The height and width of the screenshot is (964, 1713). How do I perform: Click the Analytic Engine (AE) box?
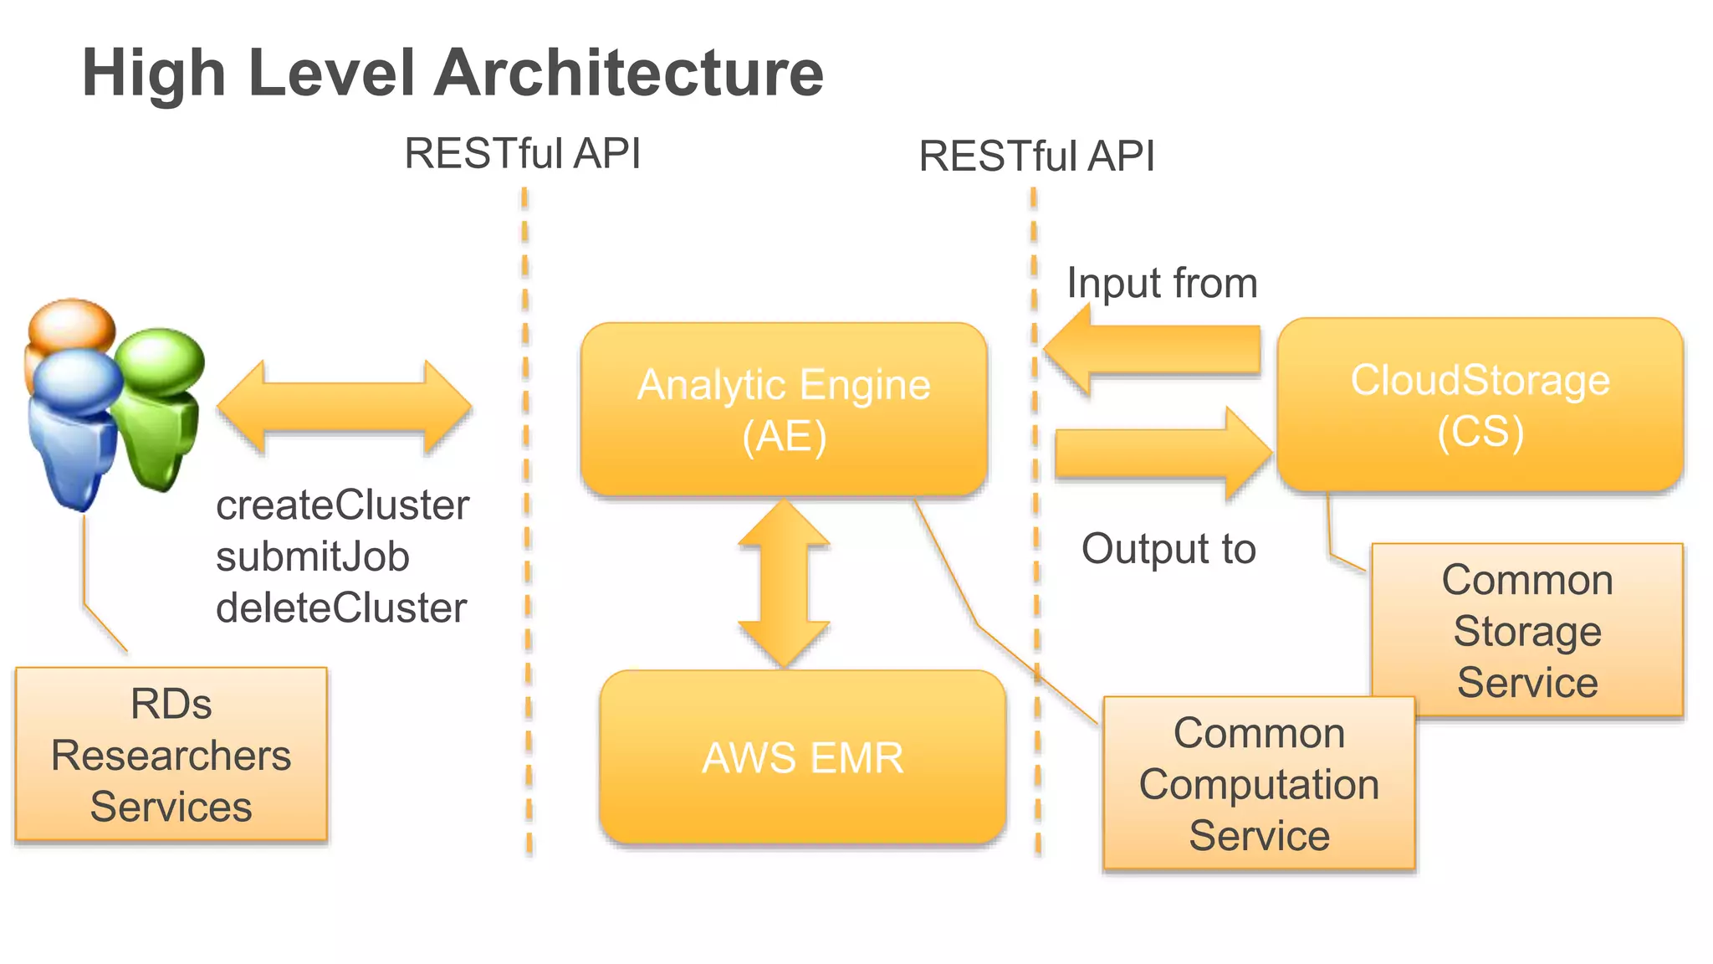click(x=784, y=409)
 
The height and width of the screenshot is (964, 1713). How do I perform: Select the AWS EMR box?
click(x=802, y=757)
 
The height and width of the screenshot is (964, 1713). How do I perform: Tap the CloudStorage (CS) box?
click(x=1480, y=404)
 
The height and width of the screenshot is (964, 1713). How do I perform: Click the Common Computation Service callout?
click(x=1259, y=783)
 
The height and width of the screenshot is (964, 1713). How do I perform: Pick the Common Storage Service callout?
click(x=1526, y=630)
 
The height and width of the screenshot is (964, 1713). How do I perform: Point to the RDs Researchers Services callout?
click(x=171, y=754)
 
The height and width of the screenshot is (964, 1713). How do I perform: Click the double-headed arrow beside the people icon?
click(x=344, y=408)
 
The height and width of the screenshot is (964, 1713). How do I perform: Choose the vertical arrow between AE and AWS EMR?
click(x=784, y=583)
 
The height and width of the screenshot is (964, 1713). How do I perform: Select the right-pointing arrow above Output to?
click(x=1163, y=454)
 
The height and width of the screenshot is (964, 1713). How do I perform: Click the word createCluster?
click(x=342, y=505)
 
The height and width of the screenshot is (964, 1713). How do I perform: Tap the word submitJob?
click(x=312, y=556)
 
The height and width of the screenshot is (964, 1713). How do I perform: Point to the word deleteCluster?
click(x=340, y=608)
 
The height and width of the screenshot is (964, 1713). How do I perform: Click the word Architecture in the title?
click(x=628, y=73)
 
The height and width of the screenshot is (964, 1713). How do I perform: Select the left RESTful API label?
click(x=522, y=153)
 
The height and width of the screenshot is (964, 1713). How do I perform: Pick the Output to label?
click(x=1168, y=549)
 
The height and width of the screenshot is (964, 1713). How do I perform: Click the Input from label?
click(x=1162, y=283)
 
